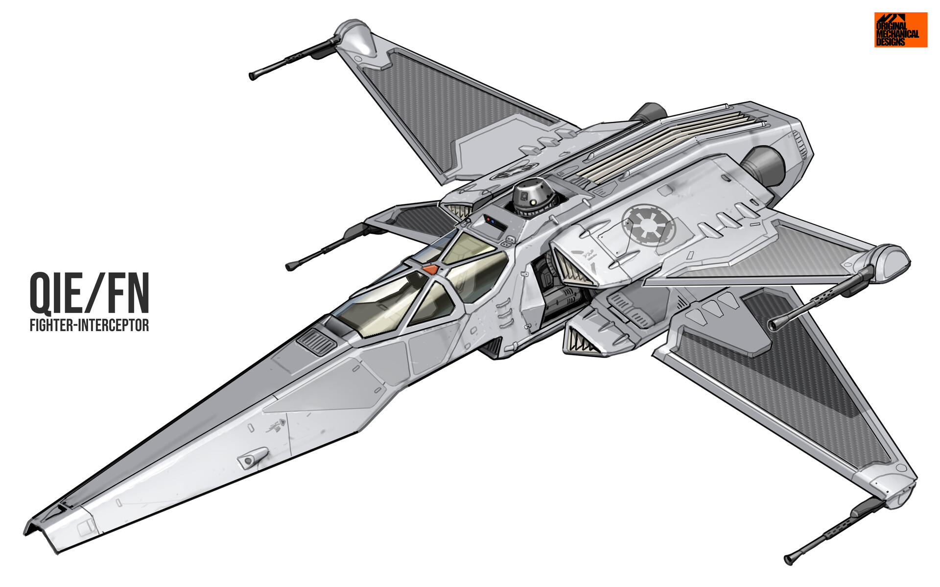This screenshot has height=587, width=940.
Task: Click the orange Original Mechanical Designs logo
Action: pos(901,30)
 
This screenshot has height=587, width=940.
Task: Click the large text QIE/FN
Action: pos(90,293)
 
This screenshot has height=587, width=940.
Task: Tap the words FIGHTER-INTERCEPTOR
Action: pos(89,325)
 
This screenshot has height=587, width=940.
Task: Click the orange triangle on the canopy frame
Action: pos(430,269)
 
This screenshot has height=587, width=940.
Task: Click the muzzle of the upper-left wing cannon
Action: pos(253,76)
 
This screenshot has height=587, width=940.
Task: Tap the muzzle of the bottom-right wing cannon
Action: pos(789,559)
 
